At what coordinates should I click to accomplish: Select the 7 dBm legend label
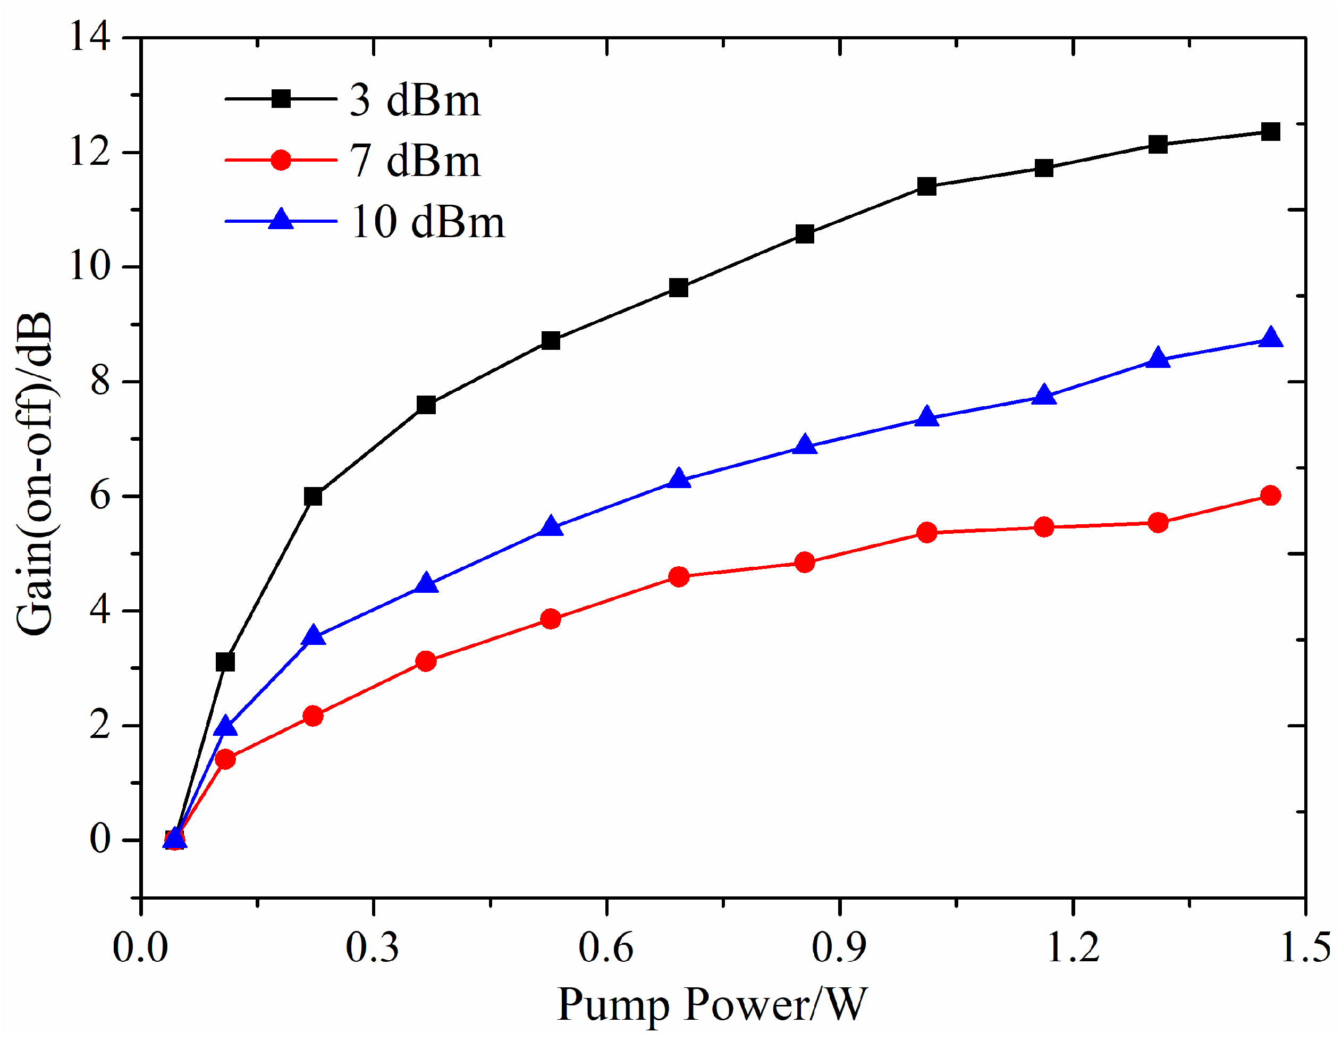(415, 161)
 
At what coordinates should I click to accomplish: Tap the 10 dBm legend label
(427, 222)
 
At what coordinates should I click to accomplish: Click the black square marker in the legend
(281, 98)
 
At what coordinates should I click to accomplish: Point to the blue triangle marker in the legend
(281, 220)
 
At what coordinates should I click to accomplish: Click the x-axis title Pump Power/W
(712, 1004)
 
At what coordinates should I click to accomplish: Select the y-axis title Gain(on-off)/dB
(34, 473)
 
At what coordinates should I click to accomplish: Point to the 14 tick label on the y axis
(90, 36)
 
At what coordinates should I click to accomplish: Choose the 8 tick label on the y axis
(99, 381)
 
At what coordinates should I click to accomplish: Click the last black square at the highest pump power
(1270, 131)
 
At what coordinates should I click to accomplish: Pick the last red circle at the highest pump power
(1270, 496)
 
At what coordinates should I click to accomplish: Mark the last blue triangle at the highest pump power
(1270, 338)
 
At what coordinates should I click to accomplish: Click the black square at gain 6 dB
(313, 496)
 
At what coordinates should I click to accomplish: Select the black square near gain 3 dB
(225, 662)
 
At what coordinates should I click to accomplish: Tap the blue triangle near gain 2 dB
(225, 727)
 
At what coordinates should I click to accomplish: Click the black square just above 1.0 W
(926, 186)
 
